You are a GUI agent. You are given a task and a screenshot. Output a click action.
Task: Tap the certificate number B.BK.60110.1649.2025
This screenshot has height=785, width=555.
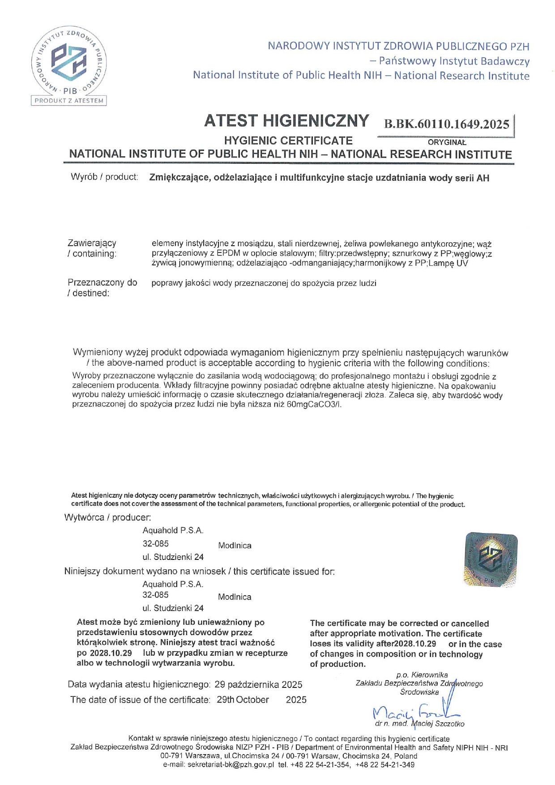tap(446, 124)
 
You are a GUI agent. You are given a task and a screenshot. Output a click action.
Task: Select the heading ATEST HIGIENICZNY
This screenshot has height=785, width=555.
tap(286, 121)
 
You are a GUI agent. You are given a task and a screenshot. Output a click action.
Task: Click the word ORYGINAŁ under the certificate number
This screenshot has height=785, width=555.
tap(447, 142)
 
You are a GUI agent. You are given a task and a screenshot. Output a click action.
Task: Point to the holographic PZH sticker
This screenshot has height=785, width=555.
tap(491, 559)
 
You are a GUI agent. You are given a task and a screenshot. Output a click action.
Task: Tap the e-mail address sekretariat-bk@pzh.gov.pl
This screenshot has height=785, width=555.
tap(231, 765)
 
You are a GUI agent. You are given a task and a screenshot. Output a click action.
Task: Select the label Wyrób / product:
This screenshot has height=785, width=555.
tap(104, 177)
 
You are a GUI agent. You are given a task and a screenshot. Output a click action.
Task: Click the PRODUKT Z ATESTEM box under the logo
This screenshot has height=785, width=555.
tap(69, 100)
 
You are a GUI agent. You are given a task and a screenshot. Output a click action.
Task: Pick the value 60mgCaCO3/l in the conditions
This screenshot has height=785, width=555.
tap(314, 405)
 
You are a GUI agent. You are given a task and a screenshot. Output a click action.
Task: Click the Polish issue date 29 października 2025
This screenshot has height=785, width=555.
tap(258, 685)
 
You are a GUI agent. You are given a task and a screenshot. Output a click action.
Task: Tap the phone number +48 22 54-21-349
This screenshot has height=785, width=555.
tap(385, 765)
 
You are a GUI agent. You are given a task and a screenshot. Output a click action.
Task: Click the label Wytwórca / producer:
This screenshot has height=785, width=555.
tap(107, 517)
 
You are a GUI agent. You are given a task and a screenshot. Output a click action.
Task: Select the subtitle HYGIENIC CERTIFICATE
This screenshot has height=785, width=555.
tap(288, 141)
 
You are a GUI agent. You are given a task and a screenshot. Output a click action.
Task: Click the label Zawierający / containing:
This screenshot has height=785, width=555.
tap(92, 248)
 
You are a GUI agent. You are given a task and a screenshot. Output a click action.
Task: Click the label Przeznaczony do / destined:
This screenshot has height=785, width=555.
tap(102, 288)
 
